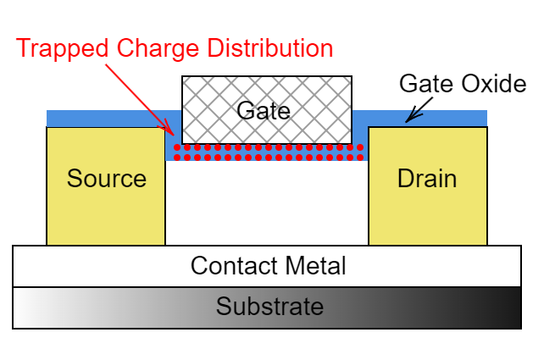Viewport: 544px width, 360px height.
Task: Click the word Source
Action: (x=106, y=179)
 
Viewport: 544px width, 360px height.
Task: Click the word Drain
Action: (x=427, y=179)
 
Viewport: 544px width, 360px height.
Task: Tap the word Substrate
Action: (x=269, y=307)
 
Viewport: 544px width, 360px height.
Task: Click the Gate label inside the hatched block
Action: (x=263, y=110)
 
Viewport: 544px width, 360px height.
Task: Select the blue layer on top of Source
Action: (x=106, y=118)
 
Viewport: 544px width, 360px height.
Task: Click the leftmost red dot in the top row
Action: (x=177, y=147)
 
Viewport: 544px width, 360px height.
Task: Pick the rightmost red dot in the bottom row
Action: (x=360, y=158)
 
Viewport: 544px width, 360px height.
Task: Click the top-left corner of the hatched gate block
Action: (x=183, y=78)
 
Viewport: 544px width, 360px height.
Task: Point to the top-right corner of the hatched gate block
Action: (x=350, y=78)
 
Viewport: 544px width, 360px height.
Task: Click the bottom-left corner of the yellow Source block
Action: (x=47, y=244)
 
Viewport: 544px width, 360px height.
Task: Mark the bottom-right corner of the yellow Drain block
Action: (x=486, y=244)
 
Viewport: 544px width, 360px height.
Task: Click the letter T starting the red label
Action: (x=22, y=48)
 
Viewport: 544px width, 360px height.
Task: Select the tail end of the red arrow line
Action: (x=105, y=64)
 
